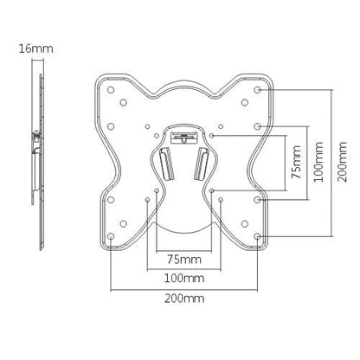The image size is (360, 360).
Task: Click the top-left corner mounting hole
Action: point(112,87)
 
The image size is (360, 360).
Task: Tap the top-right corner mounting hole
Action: point(260,87)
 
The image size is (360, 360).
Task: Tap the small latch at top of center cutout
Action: point(185,134)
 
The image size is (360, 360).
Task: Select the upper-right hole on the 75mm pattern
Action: point(213,136)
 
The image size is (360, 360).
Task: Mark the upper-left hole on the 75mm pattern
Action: point(157,136)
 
